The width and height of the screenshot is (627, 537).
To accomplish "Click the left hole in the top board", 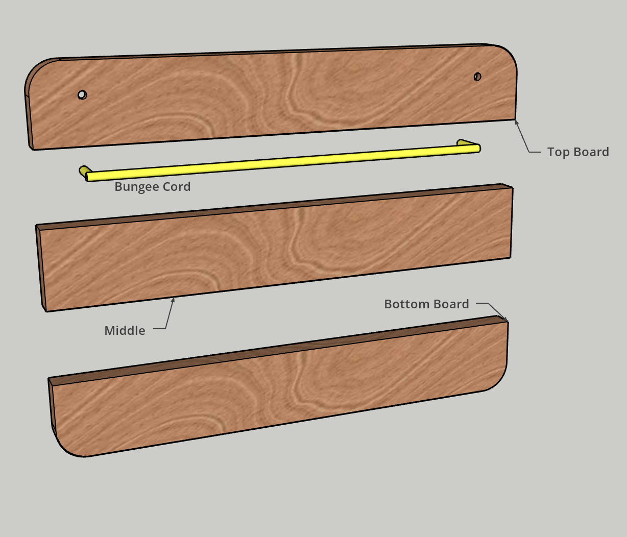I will [82, 94].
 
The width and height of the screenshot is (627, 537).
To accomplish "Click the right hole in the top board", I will [477, 77].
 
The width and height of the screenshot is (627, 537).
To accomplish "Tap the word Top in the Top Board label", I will [558, 152].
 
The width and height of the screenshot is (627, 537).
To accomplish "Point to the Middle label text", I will [125, 331].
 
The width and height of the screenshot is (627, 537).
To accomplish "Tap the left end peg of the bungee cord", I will [83, 170].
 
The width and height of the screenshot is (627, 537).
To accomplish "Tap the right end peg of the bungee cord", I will [463, 143].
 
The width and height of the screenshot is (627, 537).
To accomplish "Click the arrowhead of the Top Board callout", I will [516, 121].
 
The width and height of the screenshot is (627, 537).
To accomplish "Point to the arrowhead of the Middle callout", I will [174, 299].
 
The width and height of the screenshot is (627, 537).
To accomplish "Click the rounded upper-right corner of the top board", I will [505, 55].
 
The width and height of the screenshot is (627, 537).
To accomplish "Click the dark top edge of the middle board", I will [276, 206].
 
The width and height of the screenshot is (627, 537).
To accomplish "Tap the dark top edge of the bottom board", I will [276, 347].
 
